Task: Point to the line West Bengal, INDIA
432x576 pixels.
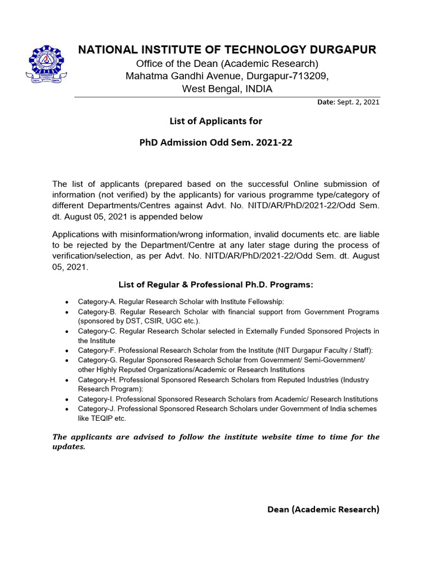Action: point(227,89)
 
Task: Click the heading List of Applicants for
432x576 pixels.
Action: point(216,121)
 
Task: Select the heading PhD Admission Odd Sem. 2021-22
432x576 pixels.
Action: point(216,143)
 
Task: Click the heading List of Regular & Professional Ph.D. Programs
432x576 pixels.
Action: point(216,285)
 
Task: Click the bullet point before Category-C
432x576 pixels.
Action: point(67,331)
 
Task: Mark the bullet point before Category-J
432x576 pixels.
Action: point(67,409)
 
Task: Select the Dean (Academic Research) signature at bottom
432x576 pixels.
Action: point(323,510)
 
